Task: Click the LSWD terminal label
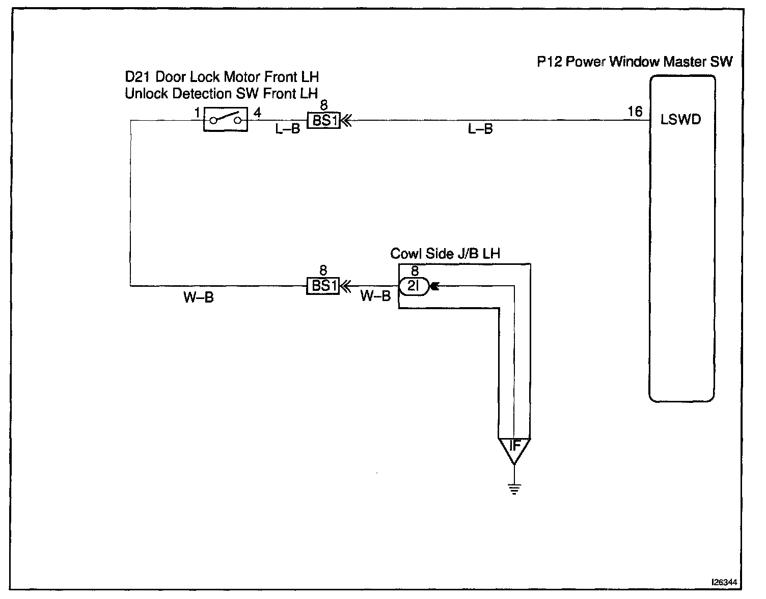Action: (680, 120)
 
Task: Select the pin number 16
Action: (635, 112)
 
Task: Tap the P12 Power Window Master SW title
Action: (635, 62)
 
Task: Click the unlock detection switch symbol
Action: (225, 120)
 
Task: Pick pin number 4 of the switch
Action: (257, 113)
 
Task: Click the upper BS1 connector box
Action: (323, 121)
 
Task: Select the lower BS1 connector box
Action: (322, 286)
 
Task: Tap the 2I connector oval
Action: (414, 287)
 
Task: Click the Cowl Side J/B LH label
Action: (445, 254)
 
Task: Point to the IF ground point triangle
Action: (514, 448)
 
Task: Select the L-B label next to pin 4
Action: (288, 129)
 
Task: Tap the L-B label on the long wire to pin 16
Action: (480, 129)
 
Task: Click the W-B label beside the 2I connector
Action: (375, 296)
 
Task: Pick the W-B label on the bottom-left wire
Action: (198, 297)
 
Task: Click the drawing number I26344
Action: (725, 582)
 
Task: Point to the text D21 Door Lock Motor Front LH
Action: (222, 77)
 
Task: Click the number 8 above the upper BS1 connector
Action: (324, 106)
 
